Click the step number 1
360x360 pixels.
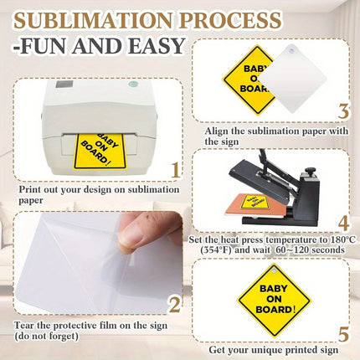[174, 172]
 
